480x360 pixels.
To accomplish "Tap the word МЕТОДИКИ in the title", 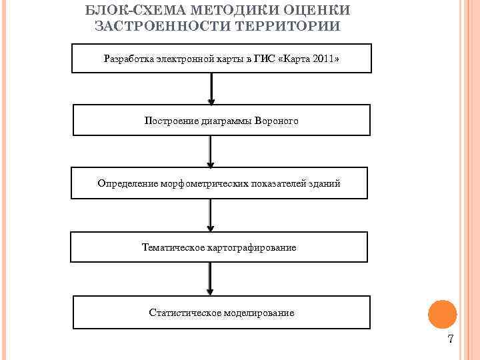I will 226,10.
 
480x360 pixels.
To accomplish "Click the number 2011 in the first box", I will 322,59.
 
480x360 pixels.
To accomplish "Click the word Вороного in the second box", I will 277,121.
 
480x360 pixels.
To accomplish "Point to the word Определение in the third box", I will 127,183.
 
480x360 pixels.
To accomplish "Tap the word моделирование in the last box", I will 259,312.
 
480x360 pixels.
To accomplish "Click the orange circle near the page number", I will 442,313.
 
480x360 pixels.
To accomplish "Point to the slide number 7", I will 451,339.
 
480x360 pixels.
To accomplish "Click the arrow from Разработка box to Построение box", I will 211,88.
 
